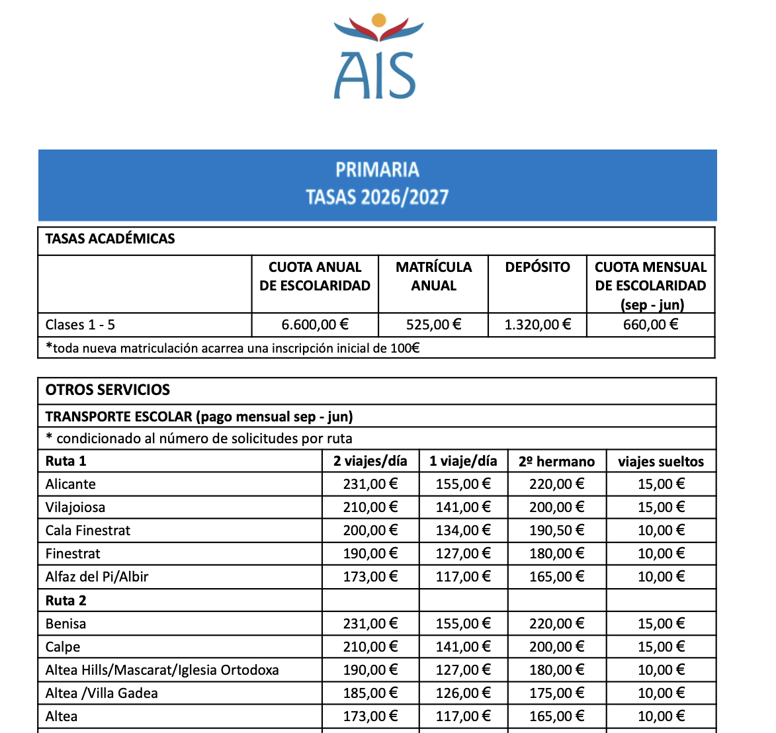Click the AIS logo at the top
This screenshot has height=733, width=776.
coord(378,58)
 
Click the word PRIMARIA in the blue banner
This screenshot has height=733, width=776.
coord(377,170)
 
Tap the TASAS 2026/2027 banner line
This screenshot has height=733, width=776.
coord(377,197)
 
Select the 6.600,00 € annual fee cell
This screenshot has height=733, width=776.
coord(315,325)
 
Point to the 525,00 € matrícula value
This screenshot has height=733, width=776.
coord(433,325)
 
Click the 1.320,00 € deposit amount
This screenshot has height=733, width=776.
coord(537,325)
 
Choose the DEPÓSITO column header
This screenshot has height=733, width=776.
coord(537,267)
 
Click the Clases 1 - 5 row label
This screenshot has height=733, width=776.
coord(80,325)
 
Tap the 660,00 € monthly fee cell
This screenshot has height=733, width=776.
coord(651,325)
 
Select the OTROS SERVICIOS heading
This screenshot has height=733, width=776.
coord(108,390)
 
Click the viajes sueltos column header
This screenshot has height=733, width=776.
coord(661,462)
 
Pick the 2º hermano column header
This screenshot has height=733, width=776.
coord(556,462)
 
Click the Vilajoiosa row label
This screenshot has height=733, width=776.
coord(75,507)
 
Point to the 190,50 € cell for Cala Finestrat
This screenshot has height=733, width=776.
coord(556,531)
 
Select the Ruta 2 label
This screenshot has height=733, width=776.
coord(66,601)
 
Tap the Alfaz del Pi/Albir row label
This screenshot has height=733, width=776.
coord(97,577)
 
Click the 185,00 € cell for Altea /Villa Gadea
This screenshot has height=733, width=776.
coord(370,693)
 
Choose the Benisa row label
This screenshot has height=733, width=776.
coord(65,624)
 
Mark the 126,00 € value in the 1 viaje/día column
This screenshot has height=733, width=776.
coord(463,693)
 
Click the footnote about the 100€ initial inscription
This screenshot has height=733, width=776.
coord(232,348)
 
